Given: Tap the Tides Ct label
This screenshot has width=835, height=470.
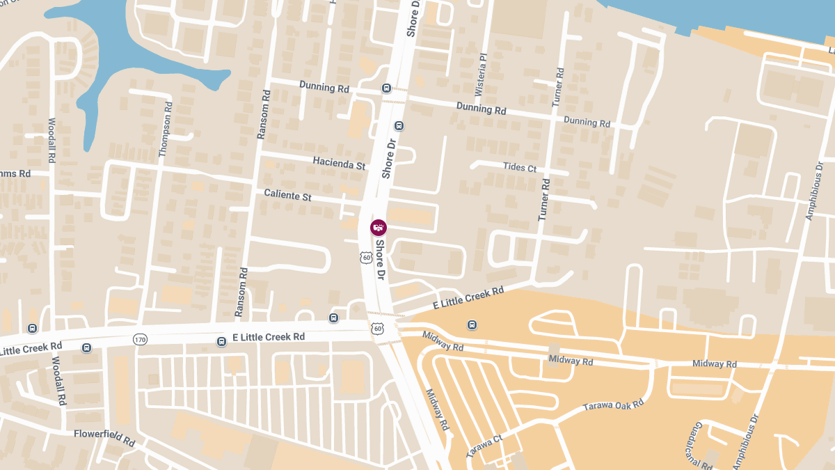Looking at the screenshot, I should pos(520,167).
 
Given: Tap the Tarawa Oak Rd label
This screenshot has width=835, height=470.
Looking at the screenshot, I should pos(614,405).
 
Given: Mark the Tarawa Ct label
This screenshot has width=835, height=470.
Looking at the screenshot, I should pos(484,444).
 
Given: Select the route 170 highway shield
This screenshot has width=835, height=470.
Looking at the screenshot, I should pos(140,340).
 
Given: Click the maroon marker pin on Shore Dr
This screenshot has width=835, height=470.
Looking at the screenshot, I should pos(379,227).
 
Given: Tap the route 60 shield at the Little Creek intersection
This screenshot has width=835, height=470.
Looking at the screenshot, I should pos(377,328).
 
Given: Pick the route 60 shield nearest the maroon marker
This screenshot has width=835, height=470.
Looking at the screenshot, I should pos(366,258).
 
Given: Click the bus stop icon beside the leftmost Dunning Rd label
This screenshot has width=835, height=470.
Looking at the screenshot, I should pos(385,88).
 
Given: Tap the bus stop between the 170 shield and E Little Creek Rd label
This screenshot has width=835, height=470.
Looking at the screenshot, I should pos(221,342).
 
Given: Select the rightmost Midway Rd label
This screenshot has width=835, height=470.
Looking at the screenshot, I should pos(714,364).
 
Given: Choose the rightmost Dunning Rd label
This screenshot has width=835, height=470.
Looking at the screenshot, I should pos(587,122).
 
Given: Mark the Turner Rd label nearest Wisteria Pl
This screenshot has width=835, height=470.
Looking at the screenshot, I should pos(558,87).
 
